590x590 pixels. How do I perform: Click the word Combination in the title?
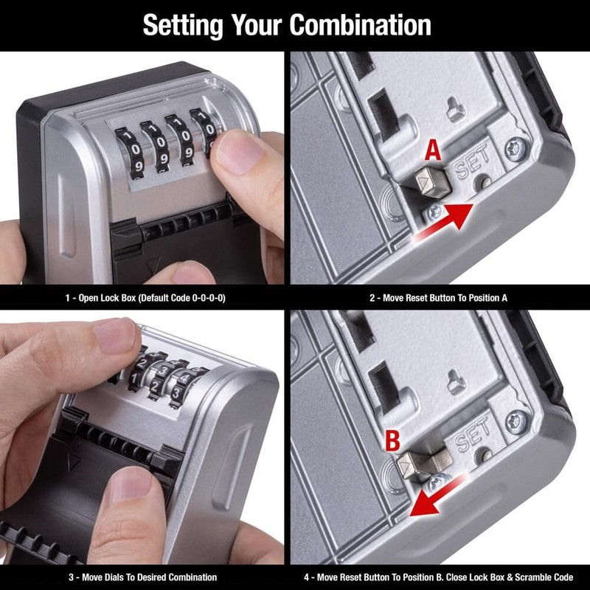[360, 25]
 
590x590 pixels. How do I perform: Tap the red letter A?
[434, 152]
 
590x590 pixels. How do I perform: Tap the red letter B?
[393, 442]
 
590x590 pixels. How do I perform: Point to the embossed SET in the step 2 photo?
[473, 167]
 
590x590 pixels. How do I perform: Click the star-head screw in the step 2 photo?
[514, 150]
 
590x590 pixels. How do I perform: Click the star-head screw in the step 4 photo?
[516, 423]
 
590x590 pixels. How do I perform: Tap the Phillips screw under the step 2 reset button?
[434, 211]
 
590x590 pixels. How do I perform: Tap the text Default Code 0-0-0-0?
[184, 298]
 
